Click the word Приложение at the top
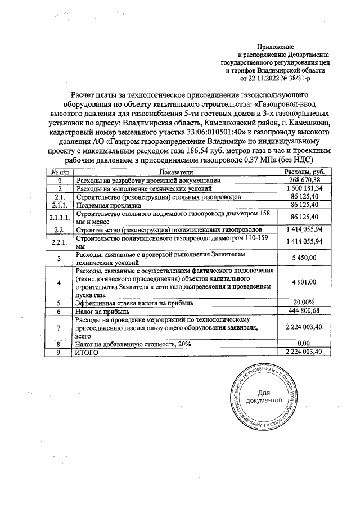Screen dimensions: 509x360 pyautogui.click(x=275, y=46)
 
